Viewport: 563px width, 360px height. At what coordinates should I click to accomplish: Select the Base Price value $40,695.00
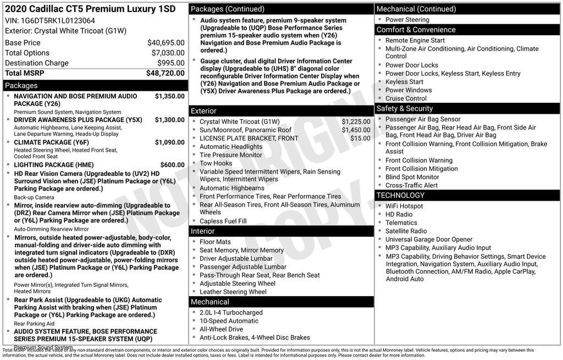click(165, 43)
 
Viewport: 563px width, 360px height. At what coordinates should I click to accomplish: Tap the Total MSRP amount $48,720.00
click(165, 73)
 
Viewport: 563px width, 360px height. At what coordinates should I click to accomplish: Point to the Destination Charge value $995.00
click(171, 63)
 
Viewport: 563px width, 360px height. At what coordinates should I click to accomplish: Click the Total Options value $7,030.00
click(168, 53)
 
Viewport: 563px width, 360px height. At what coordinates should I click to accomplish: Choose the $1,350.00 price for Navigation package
click(169, 96)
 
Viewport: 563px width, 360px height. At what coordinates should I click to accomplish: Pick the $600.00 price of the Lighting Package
click(172, 165)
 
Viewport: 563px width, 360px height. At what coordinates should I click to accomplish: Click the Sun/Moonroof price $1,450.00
click(356, 130)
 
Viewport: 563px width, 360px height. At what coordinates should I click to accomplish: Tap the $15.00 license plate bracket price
click(360, 139)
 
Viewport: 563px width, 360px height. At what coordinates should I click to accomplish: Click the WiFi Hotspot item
click(404, 206)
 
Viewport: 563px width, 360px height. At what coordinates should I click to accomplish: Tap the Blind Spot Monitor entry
click(412, 178)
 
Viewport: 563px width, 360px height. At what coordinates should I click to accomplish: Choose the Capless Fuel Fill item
click(223, 221)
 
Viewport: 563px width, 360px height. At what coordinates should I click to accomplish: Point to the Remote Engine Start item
click(415, 41)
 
